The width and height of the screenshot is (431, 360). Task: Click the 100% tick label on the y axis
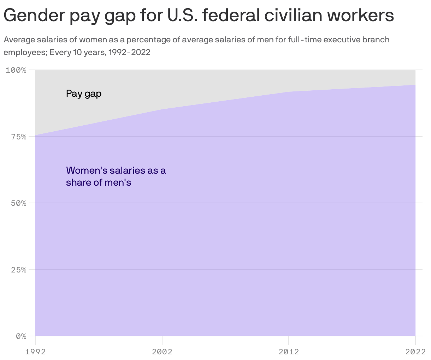pos(16,70)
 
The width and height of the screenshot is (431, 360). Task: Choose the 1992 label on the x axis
pos(35,352)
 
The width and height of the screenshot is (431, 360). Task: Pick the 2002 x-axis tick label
pos(162,352)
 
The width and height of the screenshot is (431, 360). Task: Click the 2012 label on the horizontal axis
pos(289,352)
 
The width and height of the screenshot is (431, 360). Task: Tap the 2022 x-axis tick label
pos(415,352)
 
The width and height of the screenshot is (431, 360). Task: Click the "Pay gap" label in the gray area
pos(84,94)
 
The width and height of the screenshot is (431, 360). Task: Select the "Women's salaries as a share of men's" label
pos(116,176)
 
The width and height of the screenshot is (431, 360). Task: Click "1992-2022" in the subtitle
pos(129,53)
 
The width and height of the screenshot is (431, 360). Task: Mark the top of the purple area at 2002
pos(162,109)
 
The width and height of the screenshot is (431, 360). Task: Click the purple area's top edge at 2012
pos(289,92)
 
